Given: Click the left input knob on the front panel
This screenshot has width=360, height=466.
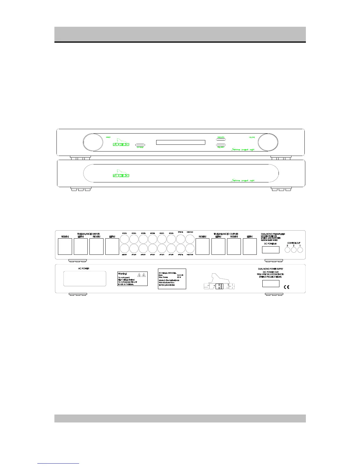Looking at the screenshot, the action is point(93,142).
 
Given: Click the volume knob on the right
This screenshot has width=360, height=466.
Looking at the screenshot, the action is point(268,142).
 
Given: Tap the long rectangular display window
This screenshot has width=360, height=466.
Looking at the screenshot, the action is point(181,142).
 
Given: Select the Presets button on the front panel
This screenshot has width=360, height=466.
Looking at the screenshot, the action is point(221,140).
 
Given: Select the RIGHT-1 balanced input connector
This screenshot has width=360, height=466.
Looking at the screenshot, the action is point(65,247).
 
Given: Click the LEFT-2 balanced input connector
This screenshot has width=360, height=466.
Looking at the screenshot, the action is point(112,247).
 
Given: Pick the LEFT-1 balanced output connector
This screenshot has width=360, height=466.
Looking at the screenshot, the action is point(250,247).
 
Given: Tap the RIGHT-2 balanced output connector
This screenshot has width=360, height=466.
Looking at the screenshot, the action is point(202,247).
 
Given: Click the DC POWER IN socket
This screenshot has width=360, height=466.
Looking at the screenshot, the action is point(271,250).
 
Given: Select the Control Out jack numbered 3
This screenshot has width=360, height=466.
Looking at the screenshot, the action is point(287,250).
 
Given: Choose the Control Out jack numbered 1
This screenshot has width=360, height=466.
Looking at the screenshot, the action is point(300,250).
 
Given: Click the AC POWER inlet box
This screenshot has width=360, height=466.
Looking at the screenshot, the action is point(85,279).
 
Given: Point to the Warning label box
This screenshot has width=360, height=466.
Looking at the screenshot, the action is point(132,279).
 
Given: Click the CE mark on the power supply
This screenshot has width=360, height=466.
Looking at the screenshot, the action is point(286,287).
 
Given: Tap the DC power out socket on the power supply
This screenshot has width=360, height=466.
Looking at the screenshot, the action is point(271,284).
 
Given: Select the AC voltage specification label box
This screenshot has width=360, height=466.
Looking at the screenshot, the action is point(172,279).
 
